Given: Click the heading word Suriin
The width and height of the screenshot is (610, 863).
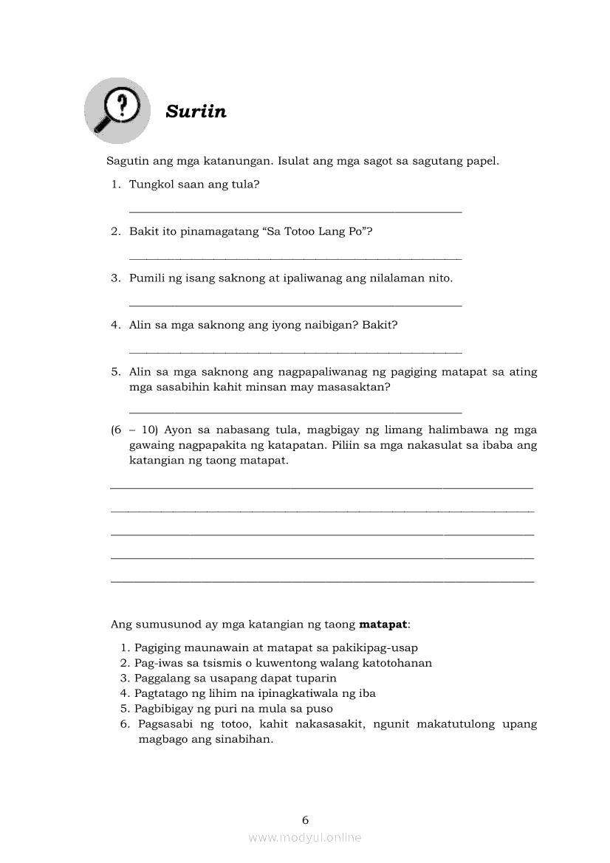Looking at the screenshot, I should [196, 111].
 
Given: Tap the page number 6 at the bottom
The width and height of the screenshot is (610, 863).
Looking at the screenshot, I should [305, 819].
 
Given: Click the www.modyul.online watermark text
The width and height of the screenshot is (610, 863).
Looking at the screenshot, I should [305, 837].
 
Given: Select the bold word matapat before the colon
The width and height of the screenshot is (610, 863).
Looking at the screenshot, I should [383, 624].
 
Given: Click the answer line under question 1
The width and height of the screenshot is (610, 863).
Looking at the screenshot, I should [295, 212].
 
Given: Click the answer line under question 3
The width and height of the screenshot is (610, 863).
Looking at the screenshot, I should [295, 305].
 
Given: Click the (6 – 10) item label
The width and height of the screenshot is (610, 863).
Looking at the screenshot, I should [135, 430].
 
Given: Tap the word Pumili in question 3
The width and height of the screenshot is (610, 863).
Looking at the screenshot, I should [146, 278].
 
